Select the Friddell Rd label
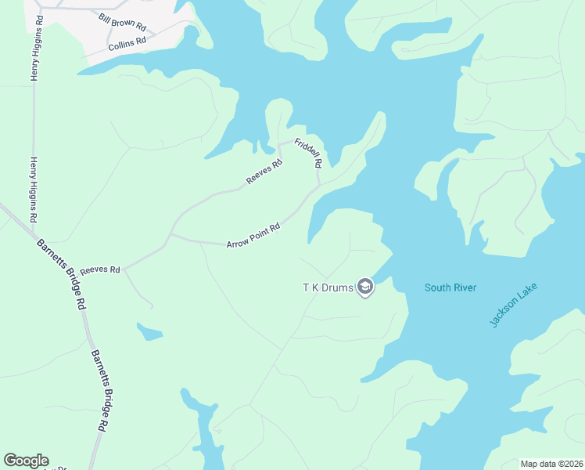[308, 154]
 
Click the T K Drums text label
[328, 287]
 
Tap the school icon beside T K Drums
[364, 287]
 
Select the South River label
[450, 287]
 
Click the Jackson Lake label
[504, 305]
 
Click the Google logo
[26, 461]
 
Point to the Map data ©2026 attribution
[552, 464]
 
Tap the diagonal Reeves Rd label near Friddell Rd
[264, 172]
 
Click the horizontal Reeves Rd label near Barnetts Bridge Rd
[100, 269]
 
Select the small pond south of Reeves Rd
[149, 332]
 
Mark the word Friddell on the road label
[305, 150]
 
